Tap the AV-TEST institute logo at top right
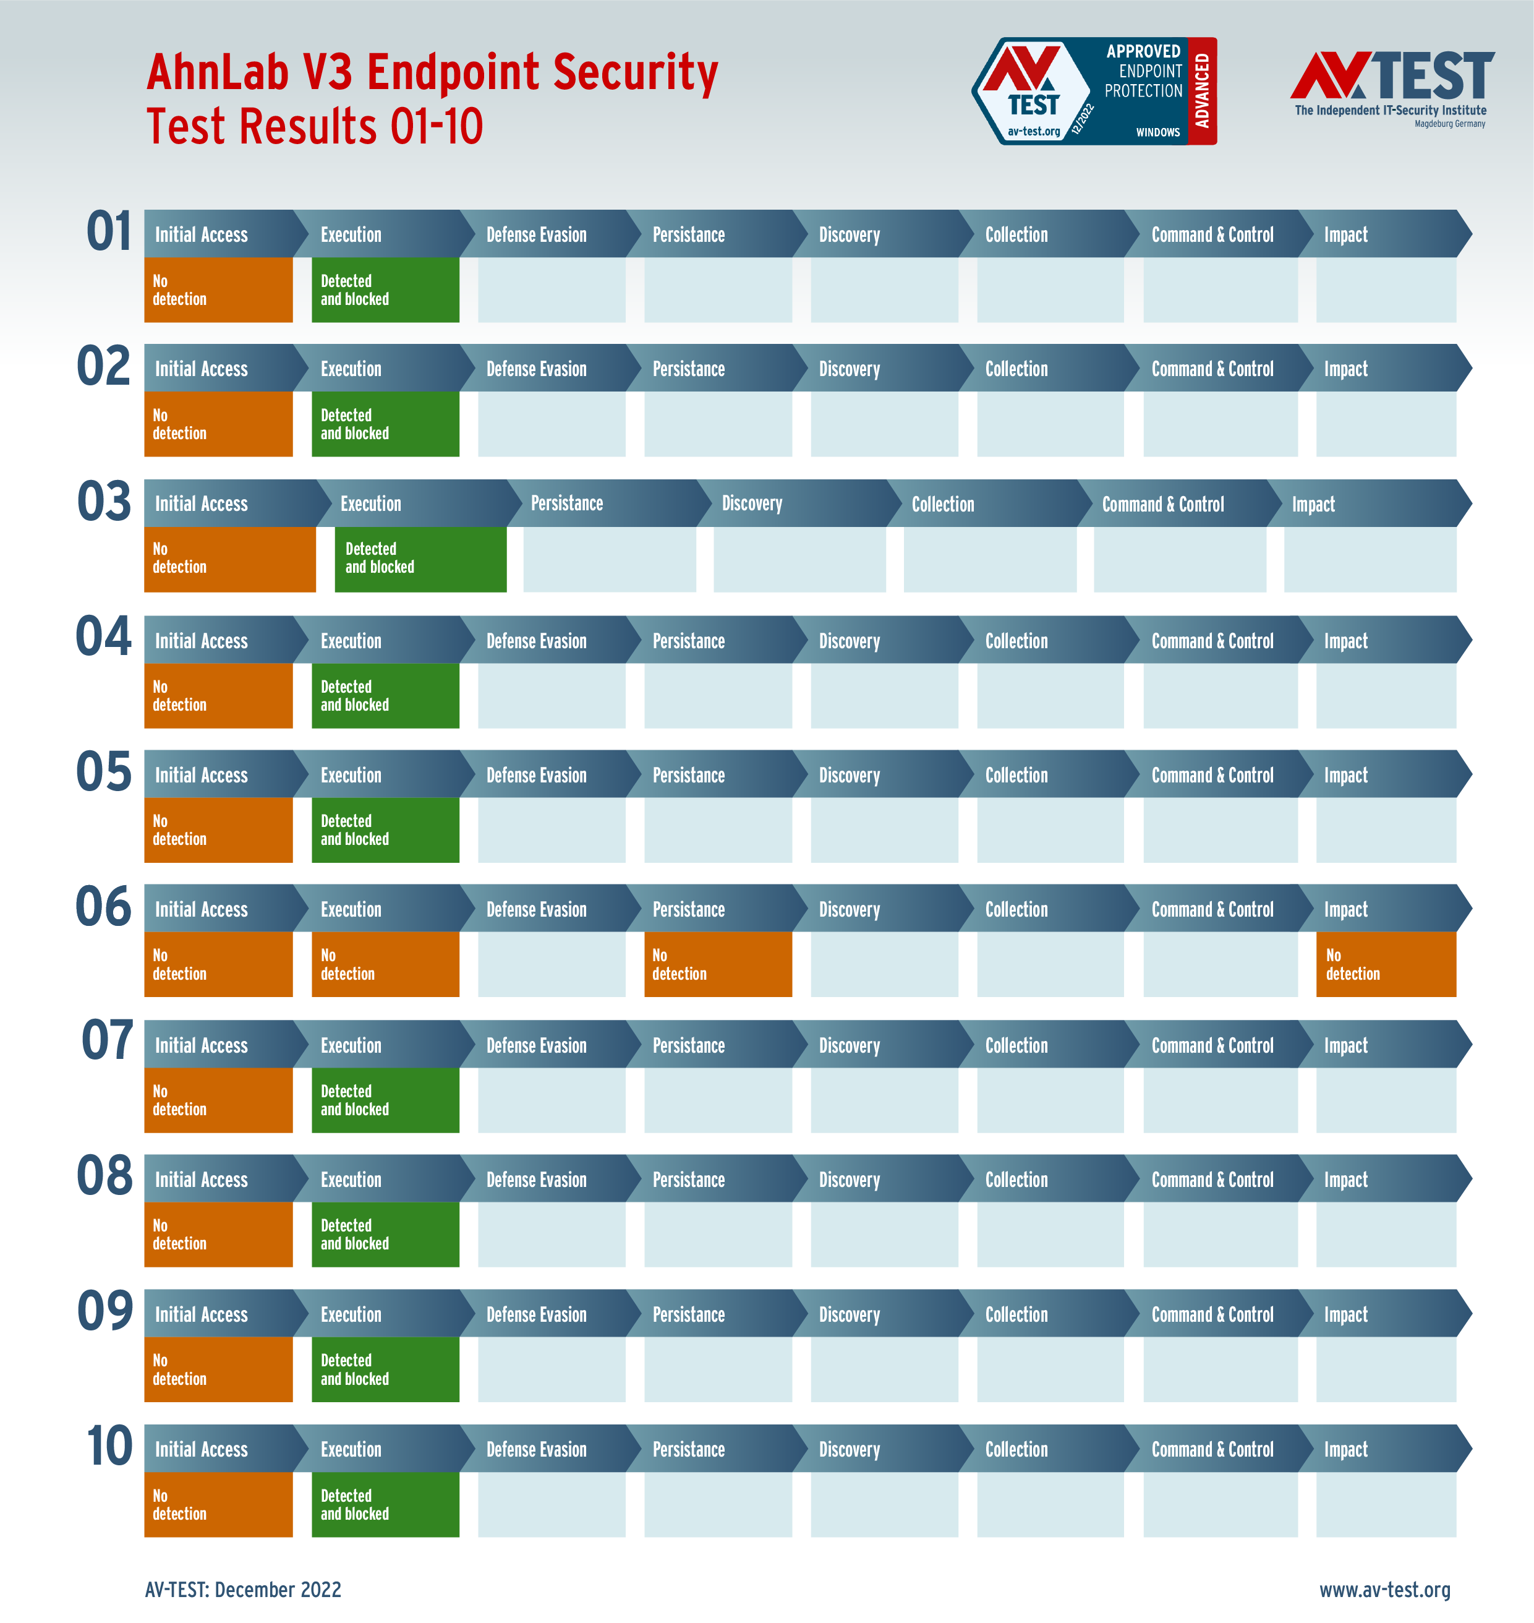[x=1392, y=88]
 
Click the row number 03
[x=104, y=502]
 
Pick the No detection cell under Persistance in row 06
[x=717, y=964]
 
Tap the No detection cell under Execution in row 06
[x=385, y=964]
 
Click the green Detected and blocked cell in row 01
[x=385, y=289]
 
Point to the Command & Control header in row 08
[x=1212, y=1179]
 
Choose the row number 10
[x=109, y=1445]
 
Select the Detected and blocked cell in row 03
[x=420, y=559]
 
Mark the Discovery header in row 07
[x=849, y=1045]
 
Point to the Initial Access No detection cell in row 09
[x=218, y=1369]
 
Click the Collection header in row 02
[x=1016, y=369]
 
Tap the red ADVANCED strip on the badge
[x=1202, y=91]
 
